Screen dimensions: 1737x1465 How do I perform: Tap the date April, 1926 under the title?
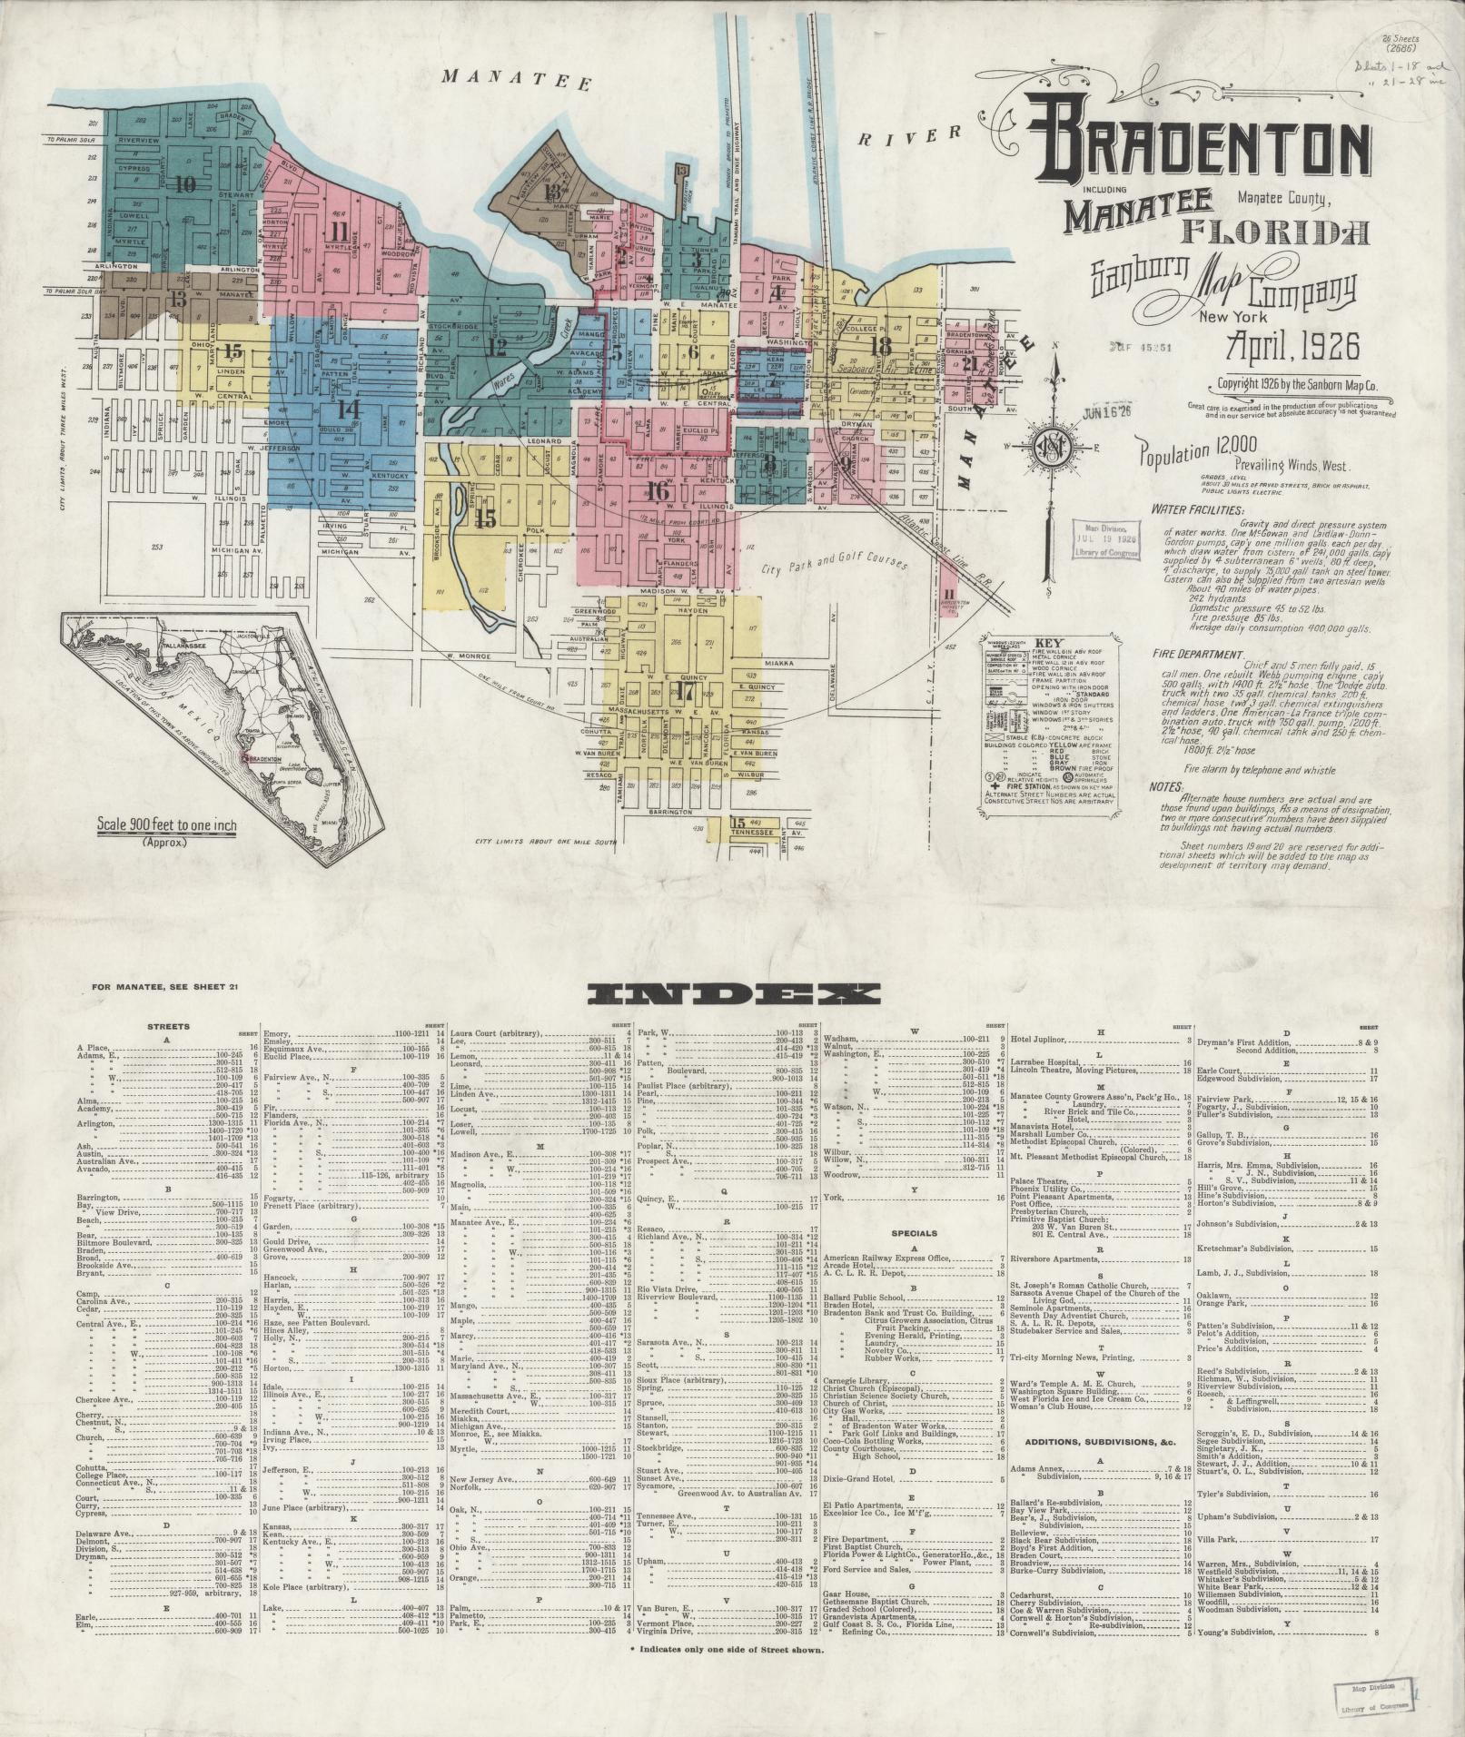click(1292, 347)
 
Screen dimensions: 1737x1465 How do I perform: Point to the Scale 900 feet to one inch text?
click(166, 826)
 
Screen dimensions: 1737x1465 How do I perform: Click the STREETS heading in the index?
click(168, 1027)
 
